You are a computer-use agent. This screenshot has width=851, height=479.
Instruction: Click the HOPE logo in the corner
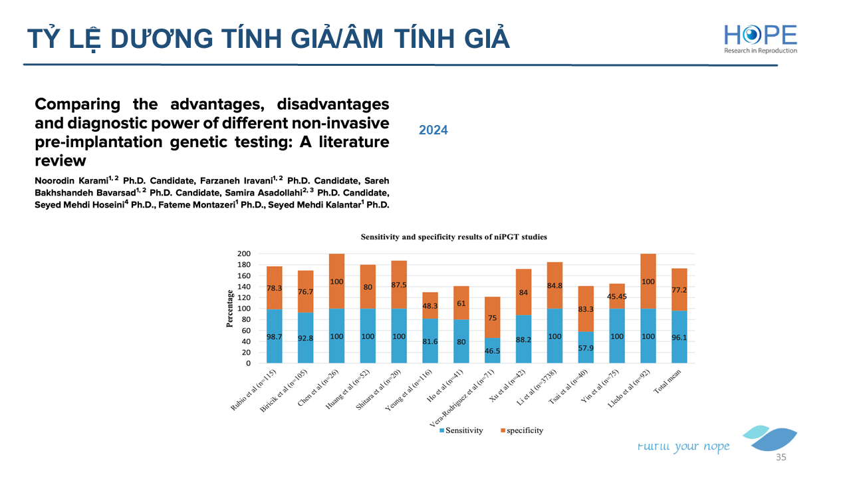point(760,38)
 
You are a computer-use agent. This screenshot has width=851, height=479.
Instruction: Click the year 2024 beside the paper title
point(433,130)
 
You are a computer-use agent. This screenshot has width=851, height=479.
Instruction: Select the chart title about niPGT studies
point(453,237)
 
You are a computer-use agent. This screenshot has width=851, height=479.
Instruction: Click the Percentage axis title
point(230,309)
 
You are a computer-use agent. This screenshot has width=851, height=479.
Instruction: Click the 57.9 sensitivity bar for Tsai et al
point(586,347)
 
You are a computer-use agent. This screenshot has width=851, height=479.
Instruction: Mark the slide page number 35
point(781,458)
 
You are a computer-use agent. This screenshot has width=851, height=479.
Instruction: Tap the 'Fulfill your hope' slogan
point(683,446)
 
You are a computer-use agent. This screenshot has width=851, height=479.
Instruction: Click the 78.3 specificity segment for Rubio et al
point(274,288)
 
